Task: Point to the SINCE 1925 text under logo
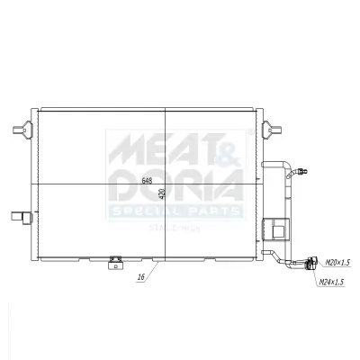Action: coord(175,228)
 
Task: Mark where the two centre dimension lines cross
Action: coord(166,184)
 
